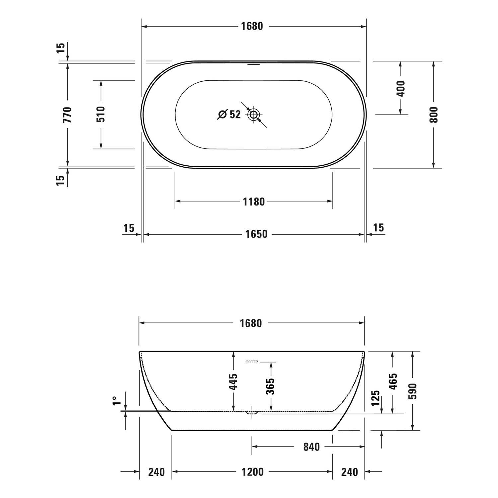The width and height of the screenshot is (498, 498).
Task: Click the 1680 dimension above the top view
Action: pyautogui.click(x=252, y=26)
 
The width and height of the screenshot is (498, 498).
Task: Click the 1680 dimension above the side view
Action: pyautogui.click(x=251, y=323)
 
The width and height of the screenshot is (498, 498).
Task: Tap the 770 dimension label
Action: pyautogui.click(x=67, y=115)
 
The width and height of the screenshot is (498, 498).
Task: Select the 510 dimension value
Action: pyautogui.click(x=101, y=114)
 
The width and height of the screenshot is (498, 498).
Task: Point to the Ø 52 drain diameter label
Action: pyautogui.click(x=229, y=114)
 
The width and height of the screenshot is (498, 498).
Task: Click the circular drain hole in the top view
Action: pyautogui.click(x=254, y=115)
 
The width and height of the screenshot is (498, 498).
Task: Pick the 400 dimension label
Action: pyautogui.click(x=401, y=88)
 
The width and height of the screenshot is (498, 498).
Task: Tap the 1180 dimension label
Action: pyautogui.click(x=254, y=202)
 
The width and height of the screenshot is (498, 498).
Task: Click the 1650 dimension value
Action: pyautogui.click(x=256, y=234)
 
